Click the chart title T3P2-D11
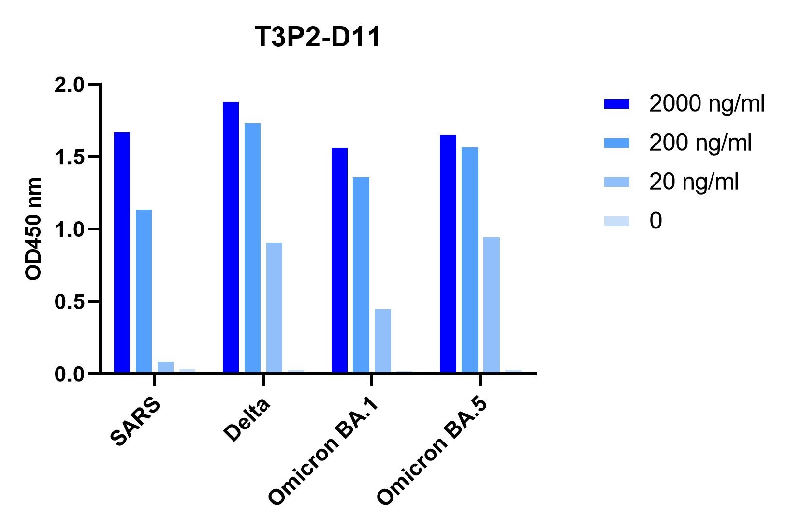(x=318, y=37)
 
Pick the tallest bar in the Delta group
(x=231, y=238)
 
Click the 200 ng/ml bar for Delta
(x=252, y=248)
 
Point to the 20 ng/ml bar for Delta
(x=274, y=308)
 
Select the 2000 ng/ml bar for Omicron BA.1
(x=339, y=260)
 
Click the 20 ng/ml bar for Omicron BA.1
(x=382, y=341)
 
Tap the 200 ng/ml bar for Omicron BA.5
(x=469, y=260)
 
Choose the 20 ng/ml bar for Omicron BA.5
(x=491, y=305)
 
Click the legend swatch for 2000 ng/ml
(x=616, y=104)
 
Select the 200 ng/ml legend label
(x=700, y=143)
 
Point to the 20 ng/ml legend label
(x=694, y=182)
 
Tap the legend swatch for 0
(x=616, y=221)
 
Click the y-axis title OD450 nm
(x=33, y=228)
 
